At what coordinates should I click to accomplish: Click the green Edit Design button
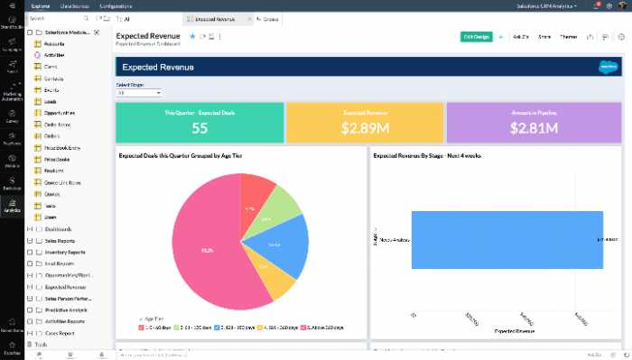476,37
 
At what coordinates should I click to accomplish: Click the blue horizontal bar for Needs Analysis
506,239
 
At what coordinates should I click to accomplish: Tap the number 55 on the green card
200,128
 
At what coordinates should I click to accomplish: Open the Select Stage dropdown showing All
139,92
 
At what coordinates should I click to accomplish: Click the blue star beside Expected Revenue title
192,36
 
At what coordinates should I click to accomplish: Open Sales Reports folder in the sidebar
60,241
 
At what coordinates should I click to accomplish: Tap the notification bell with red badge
597,5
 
